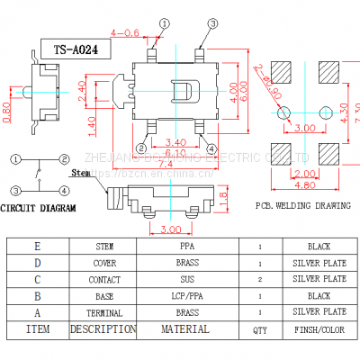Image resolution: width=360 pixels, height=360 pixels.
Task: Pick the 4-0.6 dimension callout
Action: point(124,33)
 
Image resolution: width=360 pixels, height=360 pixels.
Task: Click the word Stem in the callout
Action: point(80,171)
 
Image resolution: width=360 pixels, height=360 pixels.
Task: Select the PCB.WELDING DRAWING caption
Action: point(302,206)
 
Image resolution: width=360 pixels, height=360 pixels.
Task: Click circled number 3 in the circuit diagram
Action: point(15,190)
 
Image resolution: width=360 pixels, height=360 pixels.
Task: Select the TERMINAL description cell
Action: point(103,311)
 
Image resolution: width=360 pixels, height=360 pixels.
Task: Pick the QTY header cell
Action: point(260,329)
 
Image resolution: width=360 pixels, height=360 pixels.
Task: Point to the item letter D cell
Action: point(37,262)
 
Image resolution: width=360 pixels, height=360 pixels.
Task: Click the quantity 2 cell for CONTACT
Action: point(260,279)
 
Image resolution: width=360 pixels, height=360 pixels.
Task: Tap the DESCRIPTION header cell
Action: point(103,329)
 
